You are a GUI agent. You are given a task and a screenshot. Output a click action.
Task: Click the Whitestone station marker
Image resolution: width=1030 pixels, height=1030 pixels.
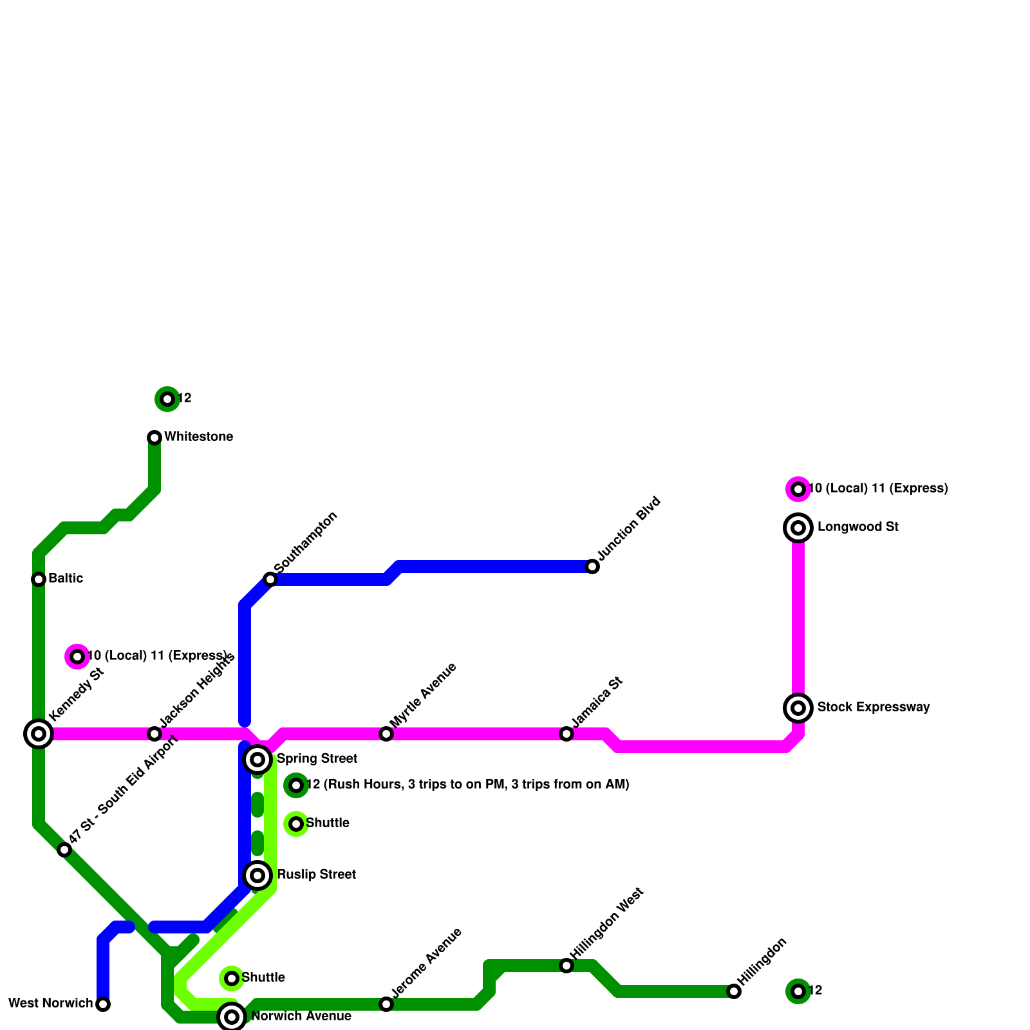point(154,438)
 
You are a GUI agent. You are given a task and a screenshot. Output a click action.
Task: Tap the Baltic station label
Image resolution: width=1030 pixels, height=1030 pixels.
point(66,579)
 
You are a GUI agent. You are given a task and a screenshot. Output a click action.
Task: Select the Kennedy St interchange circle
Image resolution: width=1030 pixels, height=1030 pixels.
point(39,734)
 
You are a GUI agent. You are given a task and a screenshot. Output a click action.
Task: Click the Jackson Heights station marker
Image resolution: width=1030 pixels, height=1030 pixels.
point(154,734)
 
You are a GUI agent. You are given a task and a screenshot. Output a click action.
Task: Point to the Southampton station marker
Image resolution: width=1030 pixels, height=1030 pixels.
point(270,579)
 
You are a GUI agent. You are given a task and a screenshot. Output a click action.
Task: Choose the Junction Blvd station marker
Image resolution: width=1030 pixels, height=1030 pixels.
point(592,566)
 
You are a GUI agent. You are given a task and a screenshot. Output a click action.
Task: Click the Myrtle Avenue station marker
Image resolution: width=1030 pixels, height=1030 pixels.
point(386,734)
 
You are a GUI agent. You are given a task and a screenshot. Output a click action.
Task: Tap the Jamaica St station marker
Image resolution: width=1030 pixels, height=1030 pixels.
point(566,734)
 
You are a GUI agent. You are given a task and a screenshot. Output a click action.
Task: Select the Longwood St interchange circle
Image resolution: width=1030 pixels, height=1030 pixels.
point(798,528)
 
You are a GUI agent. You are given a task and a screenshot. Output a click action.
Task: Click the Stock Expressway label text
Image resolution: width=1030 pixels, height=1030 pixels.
point(874,707)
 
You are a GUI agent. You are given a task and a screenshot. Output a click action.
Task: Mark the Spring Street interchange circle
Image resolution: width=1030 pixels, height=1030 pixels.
point(257,760)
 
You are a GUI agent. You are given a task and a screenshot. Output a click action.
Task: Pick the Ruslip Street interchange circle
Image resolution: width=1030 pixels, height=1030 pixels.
point(257,876)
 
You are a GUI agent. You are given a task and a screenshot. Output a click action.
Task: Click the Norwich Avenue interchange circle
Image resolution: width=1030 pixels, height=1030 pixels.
point(232,1017)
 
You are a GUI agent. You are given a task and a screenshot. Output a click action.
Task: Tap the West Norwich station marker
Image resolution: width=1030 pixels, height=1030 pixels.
point(103,1004)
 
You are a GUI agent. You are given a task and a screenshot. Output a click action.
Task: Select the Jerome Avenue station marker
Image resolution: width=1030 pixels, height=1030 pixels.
point(386,1004)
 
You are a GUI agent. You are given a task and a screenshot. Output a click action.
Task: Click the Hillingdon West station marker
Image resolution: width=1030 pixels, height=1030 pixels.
point(566,966)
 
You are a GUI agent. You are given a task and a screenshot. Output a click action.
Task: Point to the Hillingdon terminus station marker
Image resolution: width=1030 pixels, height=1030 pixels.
point(734,991)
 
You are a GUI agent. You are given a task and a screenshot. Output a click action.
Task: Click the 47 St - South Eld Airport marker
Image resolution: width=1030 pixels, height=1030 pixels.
point(64,850)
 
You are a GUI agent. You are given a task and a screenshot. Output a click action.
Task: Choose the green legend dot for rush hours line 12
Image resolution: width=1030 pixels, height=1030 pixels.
point(296,785)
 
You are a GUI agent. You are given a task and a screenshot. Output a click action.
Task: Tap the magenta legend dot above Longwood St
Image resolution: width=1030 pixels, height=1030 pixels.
point(798,489)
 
